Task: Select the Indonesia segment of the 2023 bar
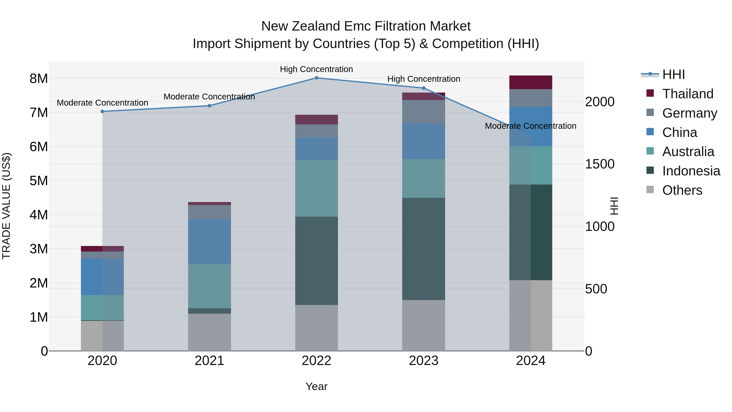(423, 249)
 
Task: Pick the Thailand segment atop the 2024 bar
(530, 82)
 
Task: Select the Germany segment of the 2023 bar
(423, 112)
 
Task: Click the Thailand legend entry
(687, 94)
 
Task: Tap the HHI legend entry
(673, 74)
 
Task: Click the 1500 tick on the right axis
(600, 164)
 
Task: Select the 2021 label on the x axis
(209, 361)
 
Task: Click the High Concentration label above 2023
(423, 79)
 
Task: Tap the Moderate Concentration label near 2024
(530, 126)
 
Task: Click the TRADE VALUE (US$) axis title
(7, 206)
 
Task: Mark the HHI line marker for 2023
(423, 88)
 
